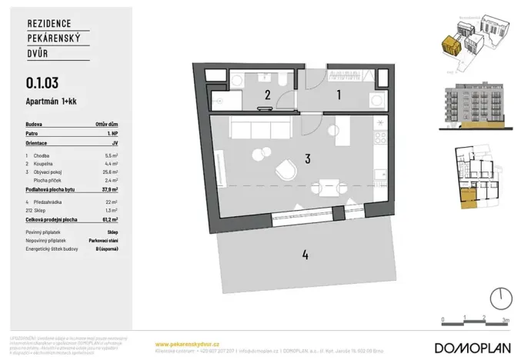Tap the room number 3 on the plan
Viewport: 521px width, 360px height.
(306, 159)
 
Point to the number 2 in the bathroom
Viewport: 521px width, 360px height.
(268, 95)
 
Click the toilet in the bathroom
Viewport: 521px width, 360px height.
(282, 81)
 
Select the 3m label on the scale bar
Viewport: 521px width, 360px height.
(506, 317)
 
